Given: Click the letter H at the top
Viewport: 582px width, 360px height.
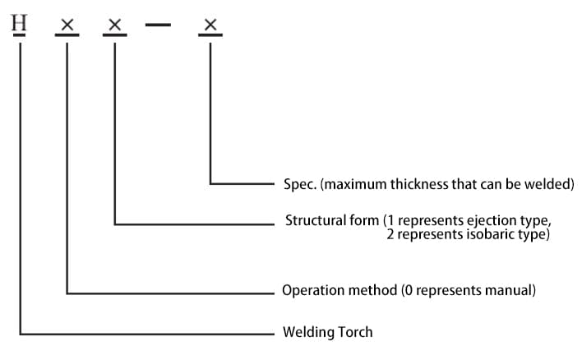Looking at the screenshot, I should (x=20, y=23).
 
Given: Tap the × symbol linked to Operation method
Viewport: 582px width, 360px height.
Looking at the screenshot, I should (x=67, y=26).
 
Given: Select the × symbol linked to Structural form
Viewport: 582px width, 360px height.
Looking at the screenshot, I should (x=115, y=26).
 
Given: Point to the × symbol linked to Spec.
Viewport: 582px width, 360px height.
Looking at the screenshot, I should (x=210, y=26).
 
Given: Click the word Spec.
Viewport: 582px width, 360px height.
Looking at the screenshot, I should (x=300, y=184).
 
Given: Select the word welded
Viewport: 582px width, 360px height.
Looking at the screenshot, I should (x=552, y=184).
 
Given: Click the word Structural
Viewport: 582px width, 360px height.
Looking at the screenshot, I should (x=311, y=221).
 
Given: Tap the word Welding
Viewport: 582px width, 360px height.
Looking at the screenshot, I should (x=307, y=333).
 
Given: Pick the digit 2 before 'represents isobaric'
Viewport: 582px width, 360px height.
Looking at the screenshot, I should (x=391, y=234).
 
